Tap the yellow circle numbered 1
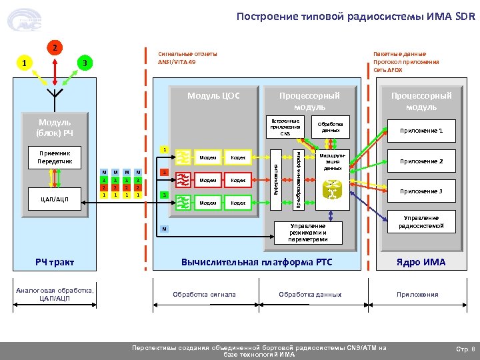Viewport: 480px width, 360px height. pyautogui.click(x=25, y=63)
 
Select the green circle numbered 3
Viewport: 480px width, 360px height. pyautogui.click(x=83, y=63)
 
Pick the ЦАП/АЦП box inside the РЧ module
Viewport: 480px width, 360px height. pyautogui.click(x=55, y=198)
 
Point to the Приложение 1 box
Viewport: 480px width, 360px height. pyautogui.click(x=421, y=131)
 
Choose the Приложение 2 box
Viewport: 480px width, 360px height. pyautogui.click(x=421, y=161)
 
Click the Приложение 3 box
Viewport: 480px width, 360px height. pyautogui.click(x=421, y=191)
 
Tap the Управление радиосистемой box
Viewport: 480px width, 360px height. pyautogui.click(x=421, y=222)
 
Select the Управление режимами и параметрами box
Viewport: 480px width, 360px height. pyautogui.click(x=308, y=233)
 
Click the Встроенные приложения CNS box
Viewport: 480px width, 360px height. pyautogui.click(x=285, y=127)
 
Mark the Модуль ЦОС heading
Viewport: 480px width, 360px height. pyautogui.click(x=213, y=95)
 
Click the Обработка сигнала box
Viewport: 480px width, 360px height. pyautogui.click(x=204, y=294)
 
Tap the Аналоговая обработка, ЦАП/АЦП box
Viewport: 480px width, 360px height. pyautogui.click(x=56, y=294)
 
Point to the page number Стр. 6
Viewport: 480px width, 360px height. pyautogui.click(x=464, y=349)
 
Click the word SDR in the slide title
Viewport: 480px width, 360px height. pyautogui.click(x=465, y=16)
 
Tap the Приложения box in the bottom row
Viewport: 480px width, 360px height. pyautogui.click(x=417, y=294)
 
